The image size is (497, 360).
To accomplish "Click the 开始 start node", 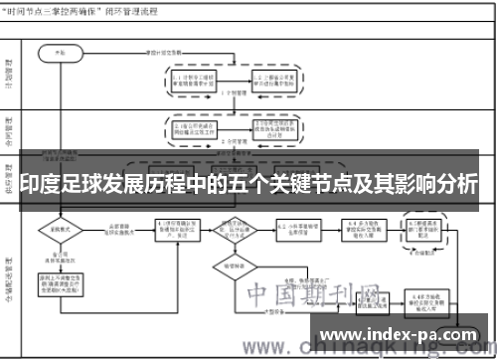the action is pyautogui.click(x=61, y=49).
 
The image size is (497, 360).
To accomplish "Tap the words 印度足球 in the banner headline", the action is pyautogui.click(x=60, y=184).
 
